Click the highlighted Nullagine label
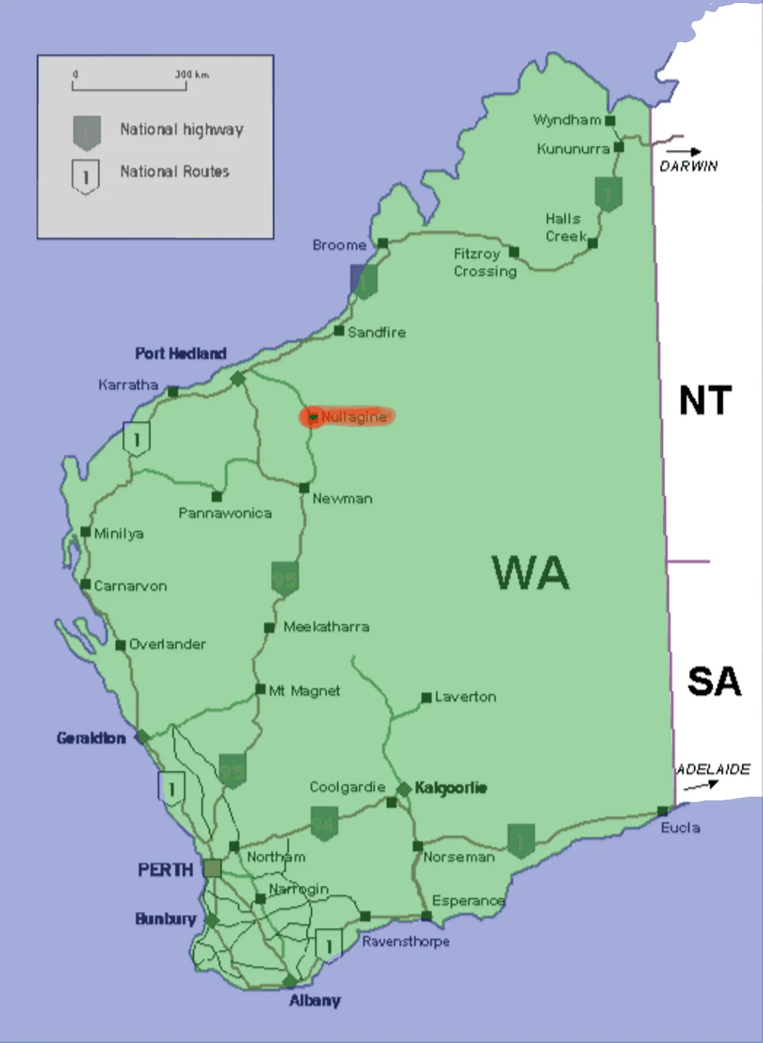(x=353, y=417)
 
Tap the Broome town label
(x=339, y=245)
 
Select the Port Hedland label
(x=180, y=353)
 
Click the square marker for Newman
(x=304, y=488)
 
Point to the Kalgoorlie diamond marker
(x=404, y=788)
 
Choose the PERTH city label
(x=165, y=870)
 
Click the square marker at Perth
(x=212, y=868)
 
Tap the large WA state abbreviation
(x=530, y=572)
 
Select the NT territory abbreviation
(x=705, y=401)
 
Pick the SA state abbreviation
(x=713, y=681)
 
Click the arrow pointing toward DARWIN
(x=689, y=151)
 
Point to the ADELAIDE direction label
(x=713, y=769)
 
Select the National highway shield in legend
(x=86, y=132)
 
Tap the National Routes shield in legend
(x=85, y=176)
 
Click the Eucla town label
(x=680, y=828)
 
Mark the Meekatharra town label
(x=326, y=626)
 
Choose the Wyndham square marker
(x=610, y=121)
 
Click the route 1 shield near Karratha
(x=137, y=439)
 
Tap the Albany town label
(x=314, y=1000)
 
